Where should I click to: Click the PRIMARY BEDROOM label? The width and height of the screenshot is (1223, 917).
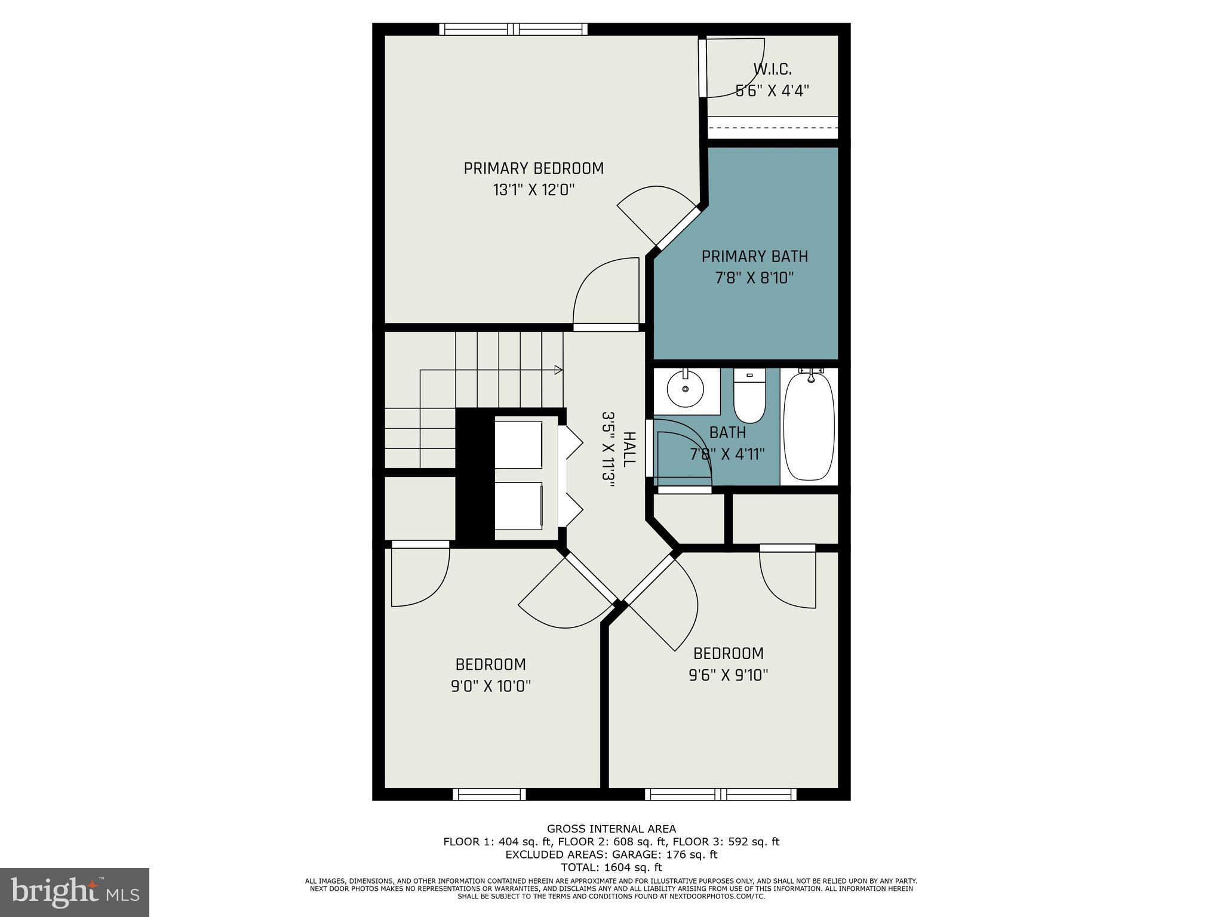(x=533, y=168)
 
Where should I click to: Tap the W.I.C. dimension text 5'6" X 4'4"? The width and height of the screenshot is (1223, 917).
(x=772, y=91)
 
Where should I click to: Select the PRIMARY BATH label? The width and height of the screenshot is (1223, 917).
(x=754, y=257)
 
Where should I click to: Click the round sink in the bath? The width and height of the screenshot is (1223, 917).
(x=686, y=388)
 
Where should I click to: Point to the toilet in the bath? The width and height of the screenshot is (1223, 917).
(x=749, y=396)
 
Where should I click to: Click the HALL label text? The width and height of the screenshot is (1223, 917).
(x=629, y=450)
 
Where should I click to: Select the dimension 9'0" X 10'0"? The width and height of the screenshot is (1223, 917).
(x=491, y=687)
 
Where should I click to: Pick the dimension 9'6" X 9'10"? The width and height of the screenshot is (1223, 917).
(x=728, y=675)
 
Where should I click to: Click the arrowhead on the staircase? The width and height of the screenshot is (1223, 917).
(x=558, y=370)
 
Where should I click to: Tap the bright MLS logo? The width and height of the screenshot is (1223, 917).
(x=75, y=892)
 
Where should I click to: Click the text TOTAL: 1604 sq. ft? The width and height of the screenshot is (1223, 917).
(x=611, y=867)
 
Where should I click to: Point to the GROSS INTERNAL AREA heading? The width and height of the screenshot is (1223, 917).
(x=611, y=829)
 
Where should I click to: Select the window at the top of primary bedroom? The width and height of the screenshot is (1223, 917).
(x=513, y=29)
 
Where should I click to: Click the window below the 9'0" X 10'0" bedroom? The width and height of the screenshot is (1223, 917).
(x=489, y=794)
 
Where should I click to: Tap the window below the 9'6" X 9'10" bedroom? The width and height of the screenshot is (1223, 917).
(x=720, y=794)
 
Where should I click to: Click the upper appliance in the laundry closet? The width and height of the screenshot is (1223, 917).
(x=518, y=445)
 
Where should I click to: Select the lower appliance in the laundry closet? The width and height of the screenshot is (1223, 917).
(x=518, y=506)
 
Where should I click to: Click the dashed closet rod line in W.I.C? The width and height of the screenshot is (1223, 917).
(x=773, y=128)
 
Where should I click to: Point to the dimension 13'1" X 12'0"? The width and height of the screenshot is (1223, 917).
(x=533, y=190)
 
